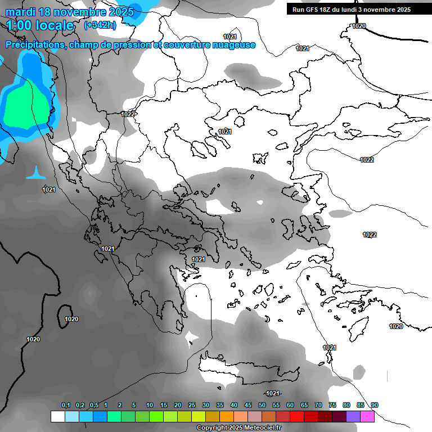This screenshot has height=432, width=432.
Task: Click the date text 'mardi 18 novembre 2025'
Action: coord(70,11)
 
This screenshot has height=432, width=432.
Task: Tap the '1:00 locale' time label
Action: coord(40,25)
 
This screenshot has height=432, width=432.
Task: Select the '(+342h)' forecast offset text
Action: coord(100,25)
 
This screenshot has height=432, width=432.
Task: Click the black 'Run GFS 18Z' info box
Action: coord(352,10)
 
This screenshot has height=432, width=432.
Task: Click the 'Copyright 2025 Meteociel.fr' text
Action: coord(239,428)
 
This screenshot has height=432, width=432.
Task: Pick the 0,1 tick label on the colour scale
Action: coord(66,406)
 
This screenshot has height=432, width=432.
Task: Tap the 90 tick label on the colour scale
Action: coord(375,406)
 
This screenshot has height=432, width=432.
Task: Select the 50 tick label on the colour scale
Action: coord(262,406)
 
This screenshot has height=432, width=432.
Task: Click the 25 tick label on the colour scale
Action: coord(192,406)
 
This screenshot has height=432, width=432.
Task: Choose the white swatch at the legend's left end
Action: coord(57,417)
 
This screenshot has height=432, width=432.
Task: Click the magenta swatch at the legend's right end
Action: coord(367,417)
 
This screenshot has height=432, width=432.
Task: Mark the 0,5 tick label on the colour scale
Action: coord(94,406)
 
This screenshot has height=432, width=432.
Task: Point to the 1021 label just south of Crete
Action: coord(273,393)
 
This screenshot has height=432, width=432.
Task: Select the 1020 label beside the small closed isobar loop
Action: coord(71,319)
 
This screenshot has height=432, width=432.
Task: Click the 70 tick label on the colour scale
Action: coord(318,406)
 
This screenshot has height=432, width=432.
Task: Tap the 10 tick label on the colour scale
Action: coord(150,406)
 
